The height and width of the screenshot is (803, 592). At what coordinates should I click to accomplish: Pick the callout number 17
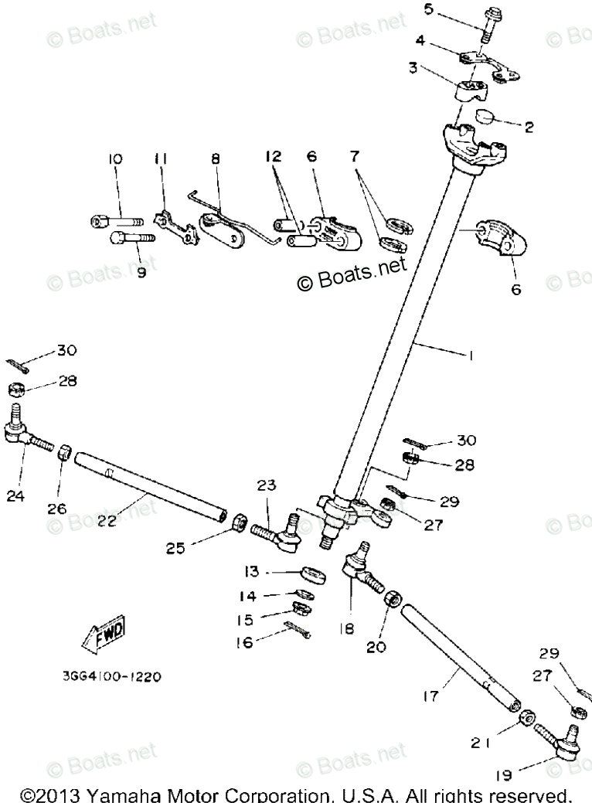(431, 696)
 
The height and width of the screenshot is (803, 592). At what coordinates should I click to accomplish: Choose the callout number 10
(115, 159)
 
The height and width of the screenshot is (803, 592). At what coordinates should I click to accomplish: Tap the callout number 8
(216, 159)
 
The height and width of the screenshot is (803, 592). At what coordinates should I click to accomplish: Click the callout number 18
(345, 629)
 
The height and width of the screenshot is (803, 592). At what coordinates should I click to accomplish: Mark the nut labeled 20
(391, 599)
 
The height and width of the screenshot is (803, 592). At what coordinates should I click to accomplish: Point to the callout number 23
(266, 486)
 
